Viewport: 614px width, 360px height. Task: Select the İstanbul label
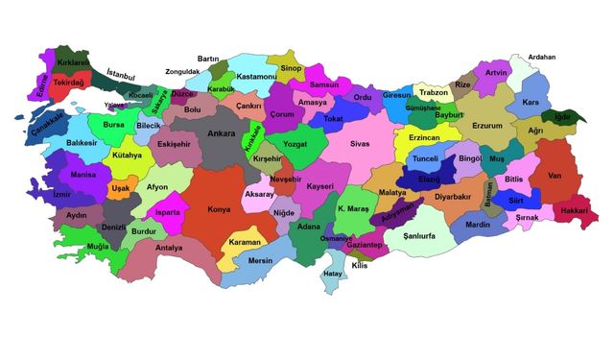click(x=121, y=75)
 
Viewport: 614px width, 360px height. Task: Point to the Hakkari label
click(x=574, y=209)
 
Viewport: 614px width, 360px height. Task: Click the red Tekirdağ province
click(x=70, y=84)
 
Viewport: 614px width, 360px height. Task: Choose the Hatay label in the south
click(x=333, y=274)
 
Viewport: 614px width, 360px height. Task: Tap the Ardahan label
click(x=542, y=57)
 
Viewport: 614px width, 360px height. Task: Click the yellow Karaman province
click(x=246, y=241)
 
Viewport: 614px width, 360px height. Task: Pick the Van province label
click(x=554, y=175)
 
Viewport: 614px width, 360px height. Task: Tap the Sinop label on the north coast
click(x=291, y=69)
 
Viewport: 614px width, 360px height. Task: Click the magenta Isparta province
click(x=169, y=211)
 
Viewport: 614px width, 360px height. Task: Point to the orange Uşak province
click(x=120, y=189)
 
